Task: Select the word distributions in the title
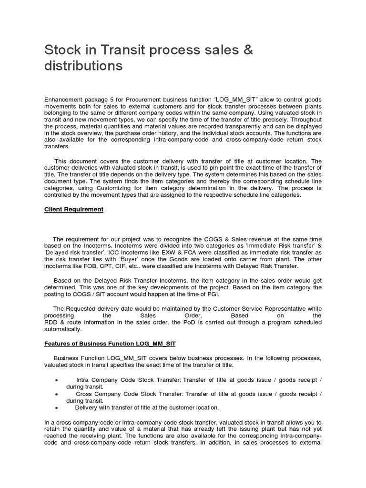(x=83, y=66)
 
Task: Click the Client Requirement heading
(x=74, y=209)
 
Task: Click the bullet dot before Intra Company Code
(x=56, y=380)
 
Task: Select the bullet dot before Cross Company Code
(x=56, y=394)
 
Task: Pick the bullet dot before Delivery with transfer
(x=56, y=408)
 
